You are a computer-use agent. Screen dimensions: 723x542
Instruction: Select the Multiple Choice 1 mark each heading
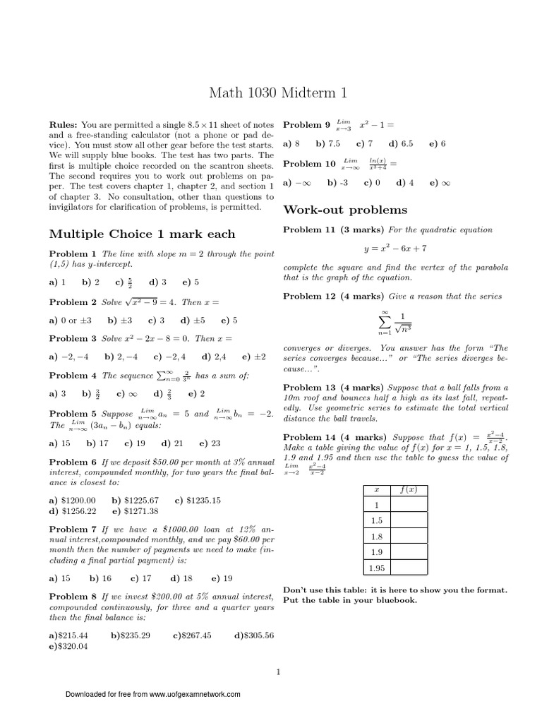coord(142,234)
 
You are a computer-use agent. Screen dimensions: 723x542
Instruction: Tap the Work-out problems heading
coord(345,210)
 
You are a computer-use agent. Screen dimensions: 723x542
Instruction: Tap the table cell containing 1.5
coord(377,520)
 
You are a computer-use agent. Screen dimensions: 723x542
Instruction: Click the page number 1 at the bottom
coord(279,671)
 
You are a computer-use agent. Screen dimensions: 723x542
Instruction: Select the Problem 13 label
coord(307,388)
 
